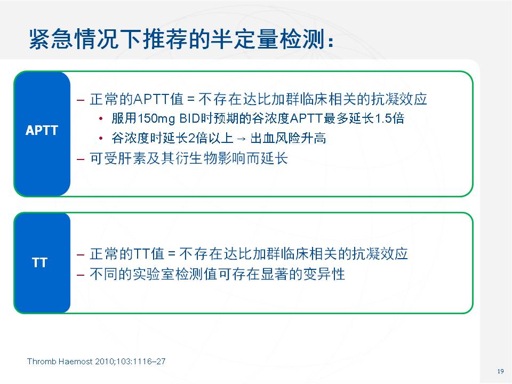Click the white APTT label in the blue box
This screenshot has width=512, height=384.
pos(42,130)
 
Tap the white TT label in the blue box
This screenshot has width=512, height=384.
pos(39,262)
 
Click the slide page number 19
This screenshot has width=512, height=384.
pos(501,371)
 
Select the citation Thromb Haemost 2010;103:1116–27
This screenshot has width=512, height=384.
pos(97,362)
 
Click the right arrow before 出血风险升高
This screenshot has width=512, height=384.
pos(241,139)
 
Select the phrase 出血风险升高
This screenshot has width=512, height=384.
pos(288,138)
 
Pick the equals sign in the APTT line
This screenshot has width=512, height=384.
pos(191,99)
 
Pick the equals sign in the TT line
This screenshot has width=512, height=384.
pos(172,254)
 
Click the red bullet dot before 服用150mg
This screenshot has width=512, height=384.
pos(101,118)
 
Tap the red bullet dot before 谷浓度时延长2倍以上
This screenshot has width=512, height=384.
pos(101,139)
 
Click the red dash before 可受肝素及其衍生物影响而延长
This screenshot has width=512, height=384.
pos(81,159)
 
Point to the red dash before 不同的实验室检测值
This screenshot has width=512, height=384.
pos(81,275)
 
